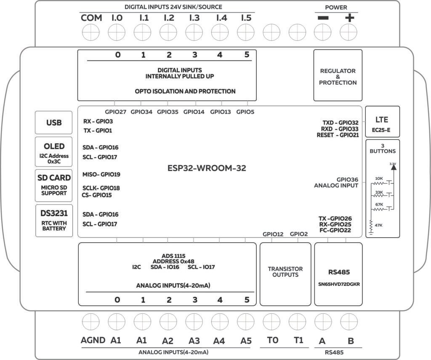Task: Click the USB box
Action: click(x=54, y=122)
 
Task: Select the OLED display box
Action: click(x=54, y=152)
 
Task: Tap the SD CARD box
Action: click(x=54, y=183)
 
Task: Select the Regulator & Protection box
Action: click(x=338, y=77)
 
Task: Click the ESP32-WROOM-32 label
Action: click(x=207, y=168)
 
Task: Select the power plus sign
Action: click(x=350, y=18)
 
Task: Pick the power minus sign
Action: click(x=323, y=18)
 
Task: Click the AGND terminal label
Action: click(x=93, y=340)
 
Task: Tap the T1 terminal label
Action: click(x=298, y=340)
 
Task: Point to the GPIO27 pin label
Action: click(x=115, y=112)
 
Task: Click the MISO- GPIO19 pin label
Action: click(x=101, y=174)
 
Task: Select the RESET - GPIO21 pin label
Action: click(x=338, y=135)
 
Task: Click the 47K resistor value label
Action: click(x=379, y=225)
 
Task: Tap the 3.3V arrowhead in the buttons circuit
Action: click(x=394, y=167)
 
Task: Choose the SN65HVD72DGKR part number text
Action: click(x=338, y=284)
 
